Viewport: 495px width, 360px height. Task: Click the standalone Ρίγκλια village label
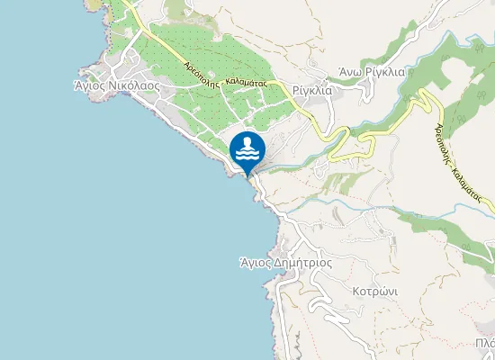coord(312,91)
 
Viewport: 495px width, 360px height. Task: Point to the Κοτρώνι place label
coord(374,293)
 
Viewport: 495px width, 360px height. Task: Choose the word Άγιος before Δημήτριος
coord(256,264)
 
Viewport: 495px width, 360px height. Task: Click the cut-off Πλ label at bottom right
coord(486,343)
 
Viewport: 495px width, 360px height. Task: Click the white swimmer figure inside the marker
coord(247,148)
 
